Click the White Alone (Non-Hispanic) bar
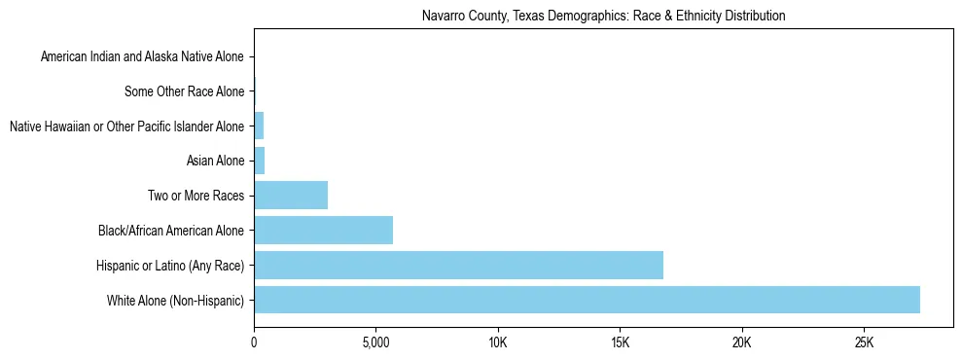pyautogui.click(x=587, y=300)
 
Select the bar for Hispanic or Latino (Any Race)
pyautogui.click(x=458, y=265)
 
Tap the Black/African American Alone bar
pyautogui.click(x=323, y=230)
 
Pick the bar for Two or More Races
pyautogui.click(x=291, y=195)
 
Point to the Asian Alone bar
pyautogui.click(x=259, y=161)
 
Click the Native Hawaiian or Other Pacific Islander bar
pyautogui.click(x=259, y=126)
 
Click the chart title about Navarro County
pyautogui.click(x=603, y=17)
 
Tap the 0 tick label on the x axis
pyautogui.click(x=254, y=343)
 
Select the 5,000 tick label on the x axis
pyautogui.click(x=375, y=343)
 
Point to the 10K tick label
pyautogui.click(x=498, y=343)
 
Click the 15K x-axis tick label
pyautogui.click(x=621, y=343)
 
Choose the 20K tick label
pyautogui.click(x=742, y=343)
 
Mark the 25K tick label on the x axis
pyautogui.click(x=865, y=343)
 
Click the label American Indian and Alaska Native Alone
pyautogui.click(x=142, y=56)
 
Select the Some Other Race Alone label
pyautogui.click(x=185, y=91)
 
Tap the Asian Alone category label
pyautogui.click(x=215, y=161)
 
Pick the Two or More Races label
pyautogui.click(x=191, y=196)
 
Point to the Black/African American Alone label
pyautogui.click(x=171, y=231)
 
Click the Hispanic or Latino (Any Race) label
pyautogui.click(x=170, y=265)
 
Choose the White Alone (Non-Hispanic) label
pyautogui.click(x=176, y=300)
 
